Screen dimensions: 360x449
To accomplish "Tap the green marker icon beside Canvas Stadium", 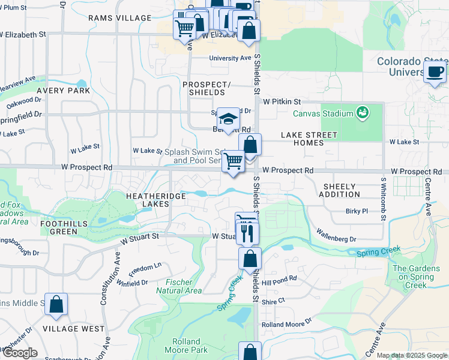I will (362, 112).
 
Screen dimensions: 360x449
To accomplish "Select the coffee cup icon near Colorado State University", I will (435, 72).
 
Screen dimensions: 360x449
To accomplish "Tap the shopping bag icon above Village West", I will (56, 305).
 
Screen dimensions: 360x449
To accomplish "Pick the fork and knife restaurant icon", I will (247, 233).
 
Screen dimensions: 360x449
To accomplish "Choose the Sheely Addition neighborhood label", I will (339, 190).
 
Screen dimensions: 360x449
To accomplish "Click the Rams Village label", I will (120, 18).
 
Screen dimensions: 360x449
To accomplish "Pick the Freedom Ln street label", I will (147, 266).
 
